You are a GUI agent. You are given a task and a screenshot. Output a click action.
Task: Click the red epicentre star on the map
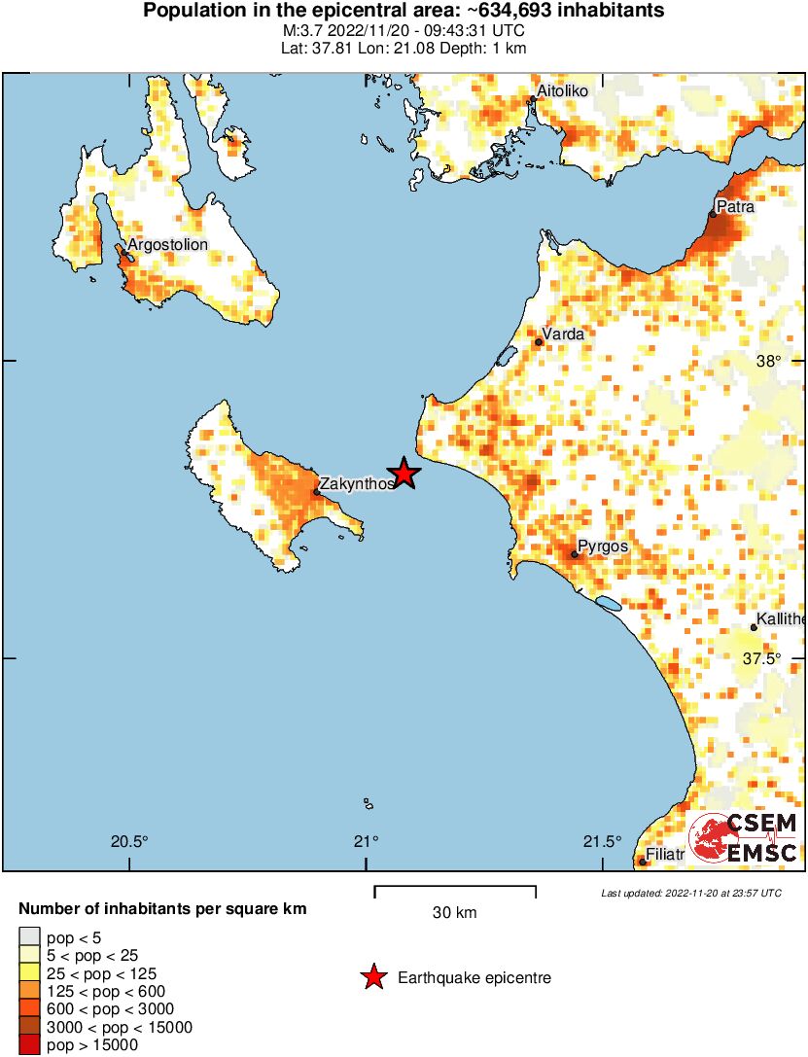[404, 474]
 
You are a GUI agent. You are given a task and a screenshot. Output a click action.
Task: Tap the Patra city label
[734, 206]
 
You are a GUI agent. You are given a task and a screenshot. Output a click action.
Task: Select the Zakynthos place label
[357, 482]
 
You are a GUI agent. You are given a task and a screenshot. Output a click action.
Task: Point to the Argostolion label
[167, 244]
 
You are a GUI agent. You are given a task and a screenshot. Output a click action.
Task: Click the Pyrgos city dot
[575, 555]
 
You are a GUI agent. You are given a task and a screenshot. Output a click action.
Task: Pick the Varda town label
[563, 335]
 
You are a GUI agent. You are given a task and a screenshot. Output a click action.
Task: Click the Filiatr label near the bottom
[666, 855]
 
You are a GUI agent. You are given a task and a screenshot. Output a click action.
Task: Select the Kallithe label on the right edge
[783, 619]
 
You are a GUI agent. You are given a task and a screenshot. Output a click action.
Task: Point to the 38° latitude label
[768, 362]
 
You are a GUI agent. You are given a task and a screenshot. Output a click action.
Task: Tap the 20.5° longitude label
[128, 842]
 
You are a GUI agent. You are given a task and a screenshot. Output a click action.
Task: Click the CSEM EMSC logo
[744, 838]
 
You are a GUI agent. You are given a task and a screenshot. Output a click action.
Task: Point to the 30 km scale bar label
[454, 912]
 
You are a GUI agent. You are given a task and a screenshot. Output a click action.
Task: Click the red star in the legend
[372, 977]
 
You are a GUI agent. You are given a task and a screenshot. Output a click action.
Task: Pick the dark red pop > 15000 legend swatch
[29, 1045]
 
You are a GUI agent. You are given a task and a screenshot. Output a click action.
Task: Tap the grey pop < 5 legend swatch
[29, 937]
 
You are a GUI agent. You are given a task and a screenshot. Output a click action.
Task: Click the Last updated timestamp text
[690, 893]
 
